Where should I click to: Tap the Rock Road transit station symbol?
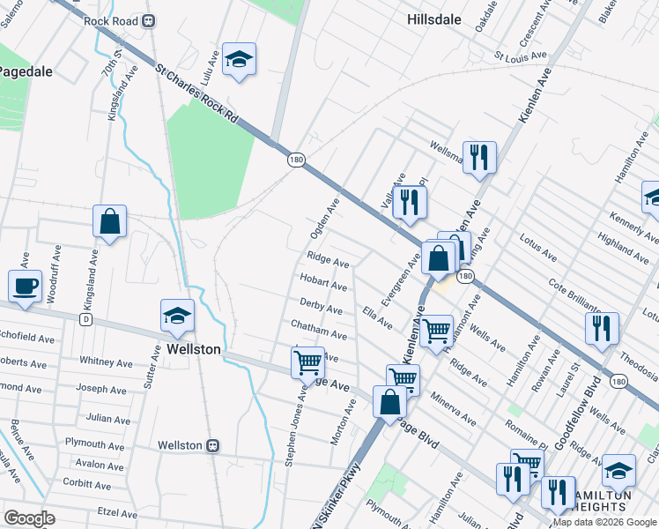[x=149, y=21]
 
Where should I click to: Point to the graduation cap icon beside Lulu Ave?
[x=239, y=60]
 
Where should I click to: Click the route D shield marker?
[x=85, y=318]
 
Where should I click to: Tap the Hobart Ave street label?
[x=322, y=284]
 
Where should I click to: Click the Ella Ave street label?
[x=378, y=317]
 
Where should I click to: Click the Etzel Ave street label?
[x=117, y=513]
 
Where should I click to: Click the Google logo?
[x=29, y=518]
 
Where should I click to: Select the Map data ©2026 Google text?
[x=603, y=522]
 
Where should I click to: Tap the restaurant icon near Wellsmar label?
[x=479, y=158]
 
